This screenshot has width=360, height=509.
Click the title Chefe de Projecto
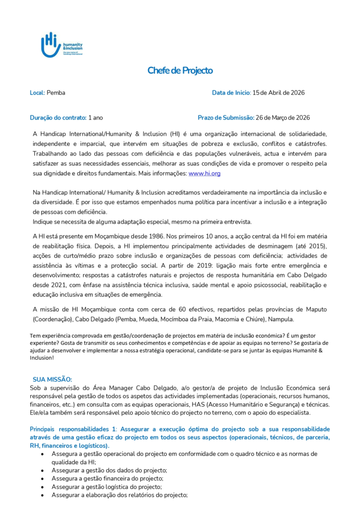coord(180,71)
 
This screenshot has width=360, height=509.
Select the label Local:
coord(37,93)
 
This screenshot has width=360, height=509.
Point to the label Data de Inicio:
coord(231,93)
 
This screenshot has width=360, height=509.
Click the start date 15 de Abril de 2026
coord(278,93)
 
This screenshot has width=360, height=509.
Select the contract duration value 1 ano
coord(95,118)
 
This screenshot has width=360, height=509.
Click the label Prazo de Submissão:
coord(226,118)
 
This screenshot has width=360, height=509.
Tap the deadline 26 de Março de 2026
coord(282,118)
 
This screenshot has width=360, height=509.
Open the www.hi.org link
coord(204,173)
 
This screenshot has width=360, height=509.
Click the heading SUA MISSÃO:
coord(52,379)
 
